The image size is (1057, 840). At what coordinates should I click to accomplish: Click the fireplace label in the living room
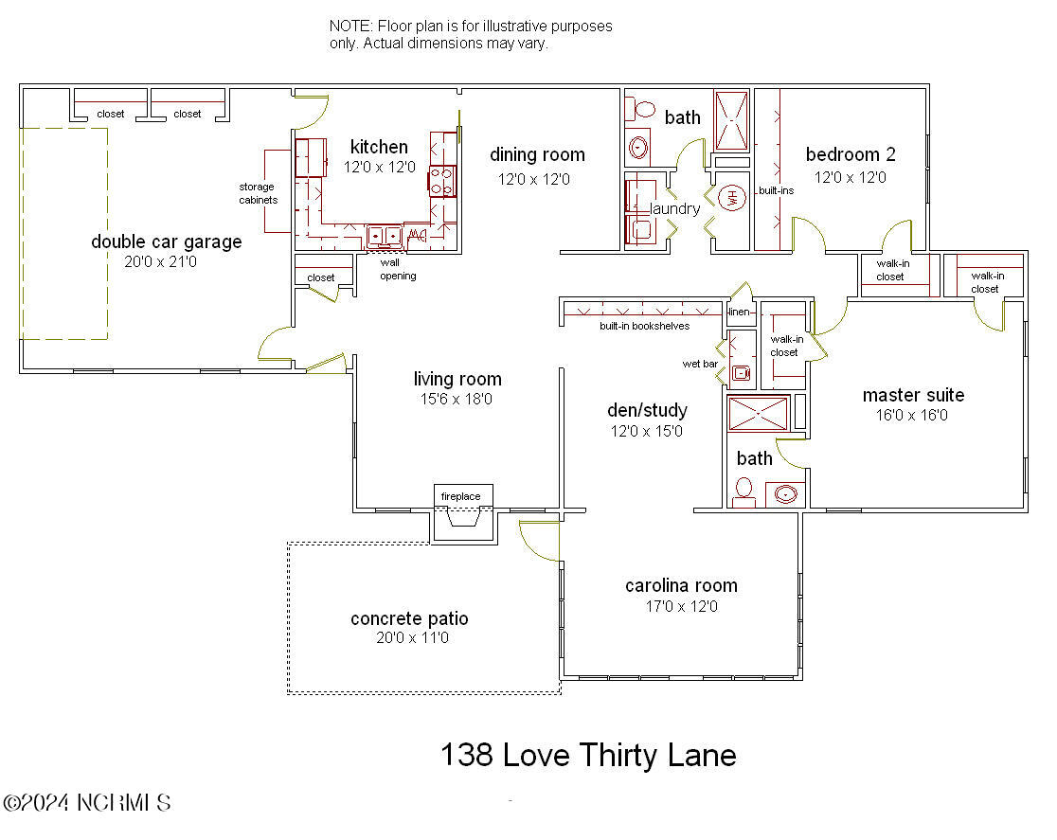(461, 496)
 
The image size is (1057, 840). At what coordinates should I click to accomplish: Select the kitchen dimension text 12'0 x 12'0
(379, 167)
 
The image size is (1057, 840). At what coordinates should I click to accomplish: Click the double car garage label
(166, 241)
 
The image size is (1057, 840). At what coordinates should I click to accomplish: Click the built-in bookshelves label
(644, 326)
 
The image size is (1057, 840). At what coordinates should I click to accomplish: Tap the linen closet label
(739, 312)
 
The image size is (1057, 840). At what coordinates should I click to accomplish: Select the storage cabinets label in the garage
(258, 194)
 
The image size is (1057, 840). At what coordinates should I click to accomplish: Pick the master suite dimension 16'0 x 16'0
(913, 415)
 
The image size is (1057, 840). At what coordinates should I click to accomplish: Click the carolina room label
(681, 585)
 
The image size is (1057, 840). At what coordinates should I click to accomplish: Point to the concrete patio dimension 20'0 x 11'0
(409, 638)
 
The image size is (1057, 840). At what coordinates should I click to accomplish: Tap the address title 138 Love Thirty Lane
(588, 755)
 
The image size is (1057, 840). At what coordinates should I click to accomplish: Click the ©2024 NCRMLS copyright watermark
(87, 803)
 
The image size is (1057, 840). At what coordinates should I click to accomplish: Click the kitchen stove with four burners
(442, 181)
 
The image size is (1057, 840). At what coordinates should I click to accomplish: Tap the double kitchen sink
(385, 235)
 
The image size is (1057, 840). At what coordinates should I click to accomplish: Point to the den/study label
(647, 410)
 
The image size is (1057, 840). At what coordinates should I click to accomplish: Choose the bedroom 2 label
(850, 154)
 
